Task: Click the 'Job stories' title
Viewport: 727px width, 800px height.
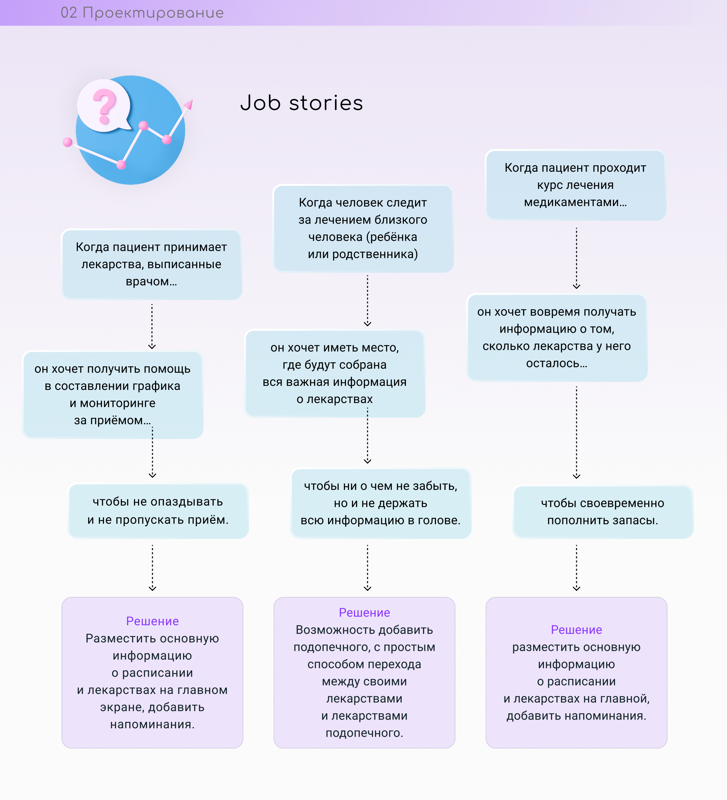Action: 302,103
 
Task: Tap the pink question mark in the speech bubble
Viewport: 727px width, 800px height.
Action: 104,105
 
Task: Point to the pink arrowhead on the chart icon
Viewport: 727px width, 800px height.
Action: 189,104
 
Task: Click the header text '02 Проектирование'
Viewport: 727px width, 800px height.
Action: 142,13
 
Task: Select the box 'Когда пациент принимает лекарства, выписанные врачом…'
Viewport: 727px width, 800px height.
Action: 151,264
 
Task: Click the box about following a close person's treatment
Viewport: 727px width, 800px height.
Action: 363,229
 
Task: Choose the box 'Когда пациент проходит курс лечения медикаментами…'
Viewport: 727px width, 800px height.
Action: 576,185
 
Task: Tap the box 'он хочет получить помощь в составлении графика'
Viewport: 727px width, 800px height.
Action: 113,395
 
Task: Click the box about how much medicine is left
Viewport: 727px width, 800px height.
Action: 557,338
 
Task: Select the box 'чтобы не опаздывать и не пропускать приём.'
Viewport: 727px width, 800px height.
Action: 158,511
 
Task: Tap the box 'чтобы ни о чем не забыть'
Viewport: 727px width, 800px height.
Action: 381,503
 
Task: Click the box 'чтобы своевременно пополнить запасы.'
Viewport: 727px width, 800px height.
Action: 603,512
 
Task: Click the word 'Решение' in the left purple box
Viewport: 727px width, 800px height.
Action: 152,621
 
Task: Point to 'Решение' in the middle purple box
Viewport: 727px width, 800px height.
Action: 365,613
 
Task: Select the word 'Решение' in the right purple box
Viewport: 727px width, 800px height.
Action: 577,630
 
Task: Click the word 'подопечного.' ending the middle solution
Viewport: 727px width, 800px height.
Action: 365,733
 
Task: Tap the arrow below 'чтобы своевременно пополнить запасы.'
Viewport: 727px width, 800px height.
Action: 577,567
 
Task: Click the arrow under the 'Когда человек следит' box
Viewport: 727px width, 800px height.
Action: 368,301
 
